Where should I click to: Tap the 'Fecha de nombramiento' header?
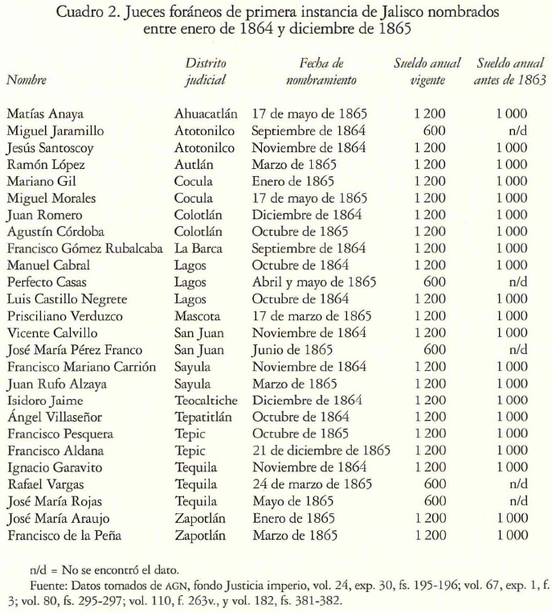(321, 71)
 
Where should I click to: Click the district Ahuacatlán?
(206, 113)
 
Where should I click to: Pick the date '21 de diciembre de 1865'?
(321, 450)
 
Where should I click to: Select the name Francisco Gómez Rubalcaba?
(86, 249)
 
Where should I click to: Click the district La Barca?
(198, 249)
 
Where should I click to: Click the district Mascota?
(198, 316)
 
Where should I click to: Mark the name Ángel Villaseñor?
(55, 417)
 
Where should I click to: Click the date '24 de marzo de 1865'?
(312, 484)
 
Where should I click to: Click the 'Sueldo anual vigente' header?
(427, 71)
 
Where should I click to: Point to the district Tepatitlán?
(206, 417)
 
